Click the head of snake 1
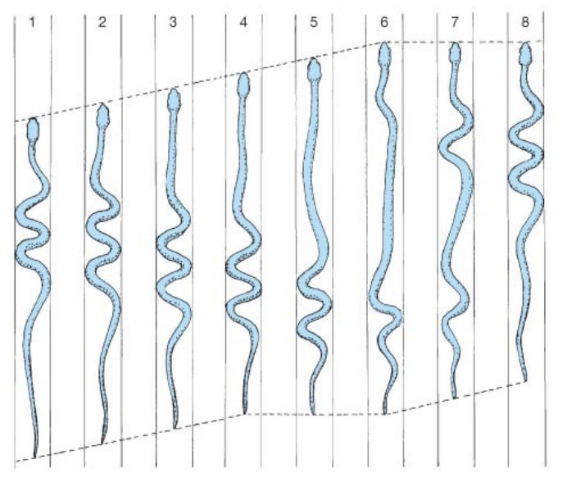pos(33,129)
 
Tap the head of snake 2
pos(102,116)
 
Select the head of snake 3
pos(173,100)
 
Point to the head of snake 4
pos(243,84)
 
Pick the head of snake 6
pos(384,53)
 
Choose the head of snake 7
pos(456,53)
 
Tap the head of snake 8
pos(526,53)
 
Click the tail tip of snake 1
pos(34,456)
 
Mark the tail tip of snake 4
pos(245,412)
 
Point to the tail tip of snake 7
pos(455,398)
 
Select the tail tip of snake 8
pos(525,380)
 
